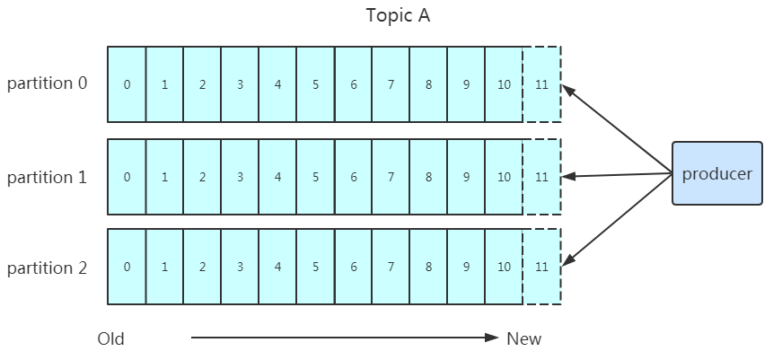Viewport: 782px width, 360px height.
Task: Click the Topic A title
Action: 398,15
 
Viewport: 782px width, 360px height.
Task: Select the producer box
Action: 717,173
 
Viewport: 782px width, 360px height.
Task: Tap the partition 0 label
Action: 48,83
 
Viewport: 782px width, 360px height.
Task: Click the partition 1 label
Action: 48,178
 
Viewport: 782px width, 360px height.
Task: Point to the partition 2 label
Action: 48,268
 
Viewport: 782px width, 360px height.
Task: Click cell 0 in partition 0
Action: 127,84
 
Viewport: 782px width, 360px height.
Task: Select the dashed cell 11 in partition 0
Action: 542,84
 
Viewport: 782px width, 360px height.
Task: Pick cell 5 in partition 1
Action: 315,177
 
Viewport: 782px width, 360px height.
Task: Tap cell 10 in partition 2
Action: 504,267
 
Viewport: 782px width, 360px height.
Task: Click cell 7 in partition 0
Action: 391,84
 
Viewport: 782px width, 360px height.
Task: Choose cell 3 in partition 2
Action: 240,267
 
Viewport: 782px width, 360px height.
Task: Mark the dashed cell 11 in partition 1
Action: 542,177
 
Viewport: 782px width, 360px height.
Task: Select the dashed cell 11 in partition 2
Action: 542,267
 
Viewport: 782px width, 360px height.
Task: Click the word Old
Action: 110,339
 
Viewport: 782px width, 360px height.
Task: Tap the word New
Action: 523,339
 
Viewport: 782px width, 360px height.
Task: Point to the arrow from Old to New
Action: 345,338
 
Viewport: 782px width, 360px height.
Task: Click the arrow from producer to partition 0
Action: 617,129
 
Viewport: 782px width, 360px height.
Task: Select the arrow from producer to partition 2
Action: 617,219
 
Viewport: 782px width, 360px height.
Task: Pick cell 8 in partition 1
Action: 428,177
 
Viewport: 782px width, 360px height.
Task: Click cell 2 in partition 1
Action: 202,177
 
